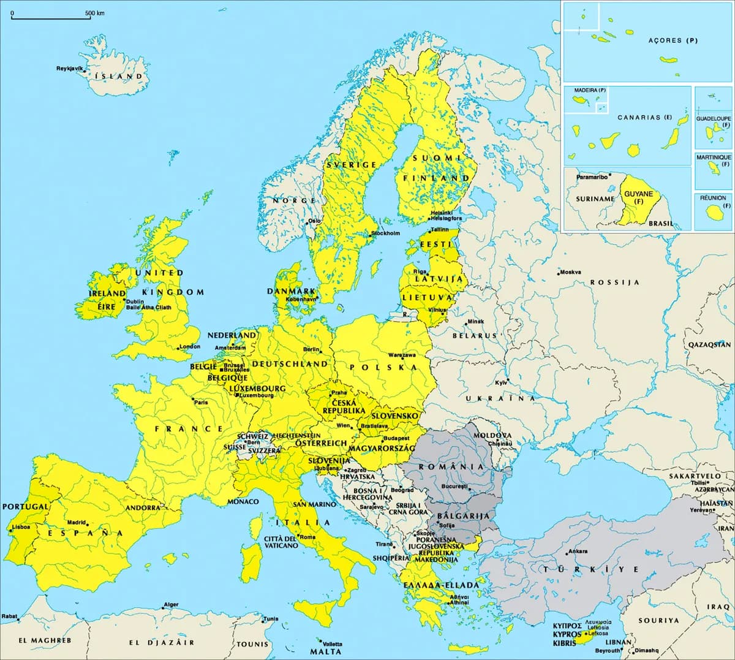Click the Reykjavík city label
pos(69,68)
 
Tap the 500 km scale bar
pos(51,18)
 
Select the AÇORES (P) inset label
pos(673,40)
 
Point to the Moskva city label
pos(570,272)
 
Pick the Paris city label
pos(201,403)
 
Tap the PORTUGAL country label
pos(25,507)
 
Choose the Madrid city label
pos(76,523)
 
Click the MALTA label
pos(325,651)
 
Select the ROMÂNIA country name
pos(451,466)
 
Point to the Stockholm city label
pos(386,233)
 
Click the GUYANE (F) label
pos(638,197)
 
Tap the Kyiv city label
pos(501,383)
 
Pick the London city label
pos(189,347)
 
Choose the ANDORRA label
pos(142,508)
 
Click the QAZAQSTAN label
pos(709,345)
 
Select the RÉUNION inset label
pos(713,198)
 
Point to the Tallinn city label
pos(439,230)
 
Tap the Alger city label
pos(171,605)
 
